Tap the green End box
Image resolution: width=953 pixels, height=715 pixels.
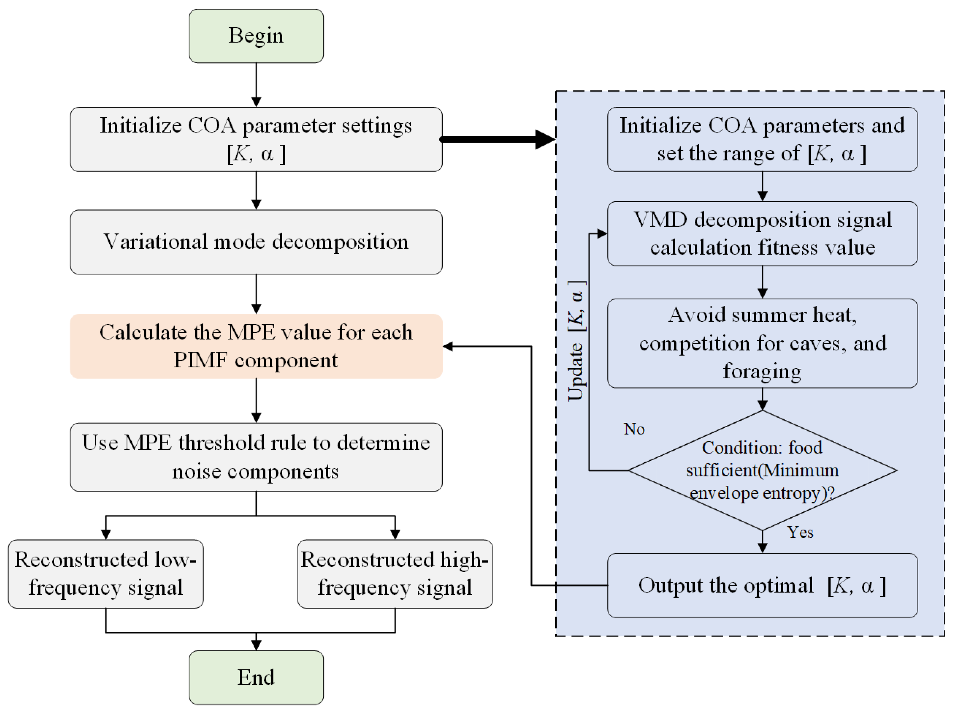click(x=256, y=677)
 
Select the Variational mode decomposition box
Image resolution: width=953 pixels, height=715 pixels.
click(x=256, y=242)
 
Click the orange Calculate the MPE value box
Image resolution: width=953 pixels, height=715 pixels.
click(x=256, y=346)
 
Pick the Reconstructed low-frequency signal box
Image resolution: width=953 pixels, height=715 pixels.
click(x=106, y=574)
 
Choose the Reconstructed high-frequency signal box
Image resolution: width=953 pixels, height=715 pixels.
click(x=395, y=574)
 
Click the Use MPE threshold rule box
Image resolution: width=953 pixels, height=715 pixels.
click(x=256, y=457)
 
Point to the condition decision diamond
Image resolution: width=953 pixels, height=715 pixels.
click(x=762, y=470)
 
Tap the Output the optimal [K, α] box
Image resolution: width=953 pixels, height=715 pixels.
click(x=762, y=585)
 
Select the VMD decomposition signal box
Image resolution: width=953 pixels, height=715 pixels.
click(x=762, y=234)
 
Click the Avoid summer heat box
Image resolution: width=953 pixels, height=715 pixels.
click(x=762, y=343)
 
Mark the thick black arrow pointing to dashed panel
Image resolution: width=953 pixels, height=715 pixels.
click(x=498, y=139)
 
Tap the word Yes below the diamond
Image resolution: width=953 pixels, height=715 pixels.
click(x=800, y=532)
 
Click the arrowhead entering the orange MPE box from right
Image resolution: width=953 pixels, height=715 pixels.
click(x=448, y=346)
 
